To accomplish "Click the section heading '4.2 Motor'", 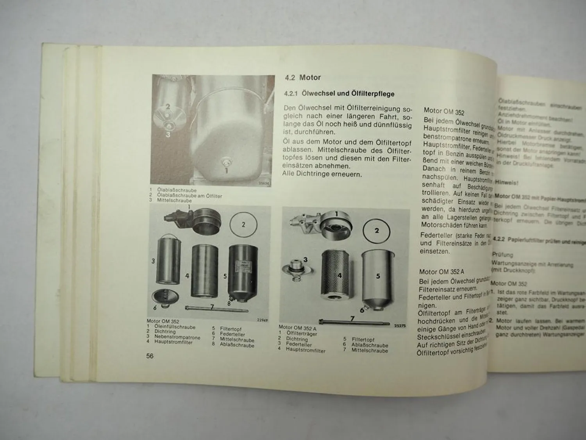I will tap(303, 77).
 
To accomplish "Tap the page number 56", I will tap(150, 356).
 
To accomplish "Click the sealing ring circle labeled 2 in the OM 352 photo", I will tap(243, 224).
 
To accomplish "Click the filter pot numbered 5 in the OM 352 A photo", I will tap(376, 278).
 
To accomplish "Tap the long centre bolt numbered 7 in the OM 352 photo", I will tap(217, 309).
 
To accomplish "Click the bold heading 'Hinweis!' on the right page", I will tap(506, 182).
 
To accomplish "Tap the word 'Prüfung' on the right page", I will tap(502, 255).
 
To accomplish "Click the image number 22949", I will tap(262, 320).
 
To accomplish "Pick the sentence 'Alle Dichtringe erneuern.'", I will tap(322, 174).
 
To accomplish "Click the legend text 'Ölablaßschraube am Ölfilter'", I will tap(189, 196).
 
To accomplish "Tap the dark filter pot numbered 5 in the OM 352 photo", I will tap(242, 274).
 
